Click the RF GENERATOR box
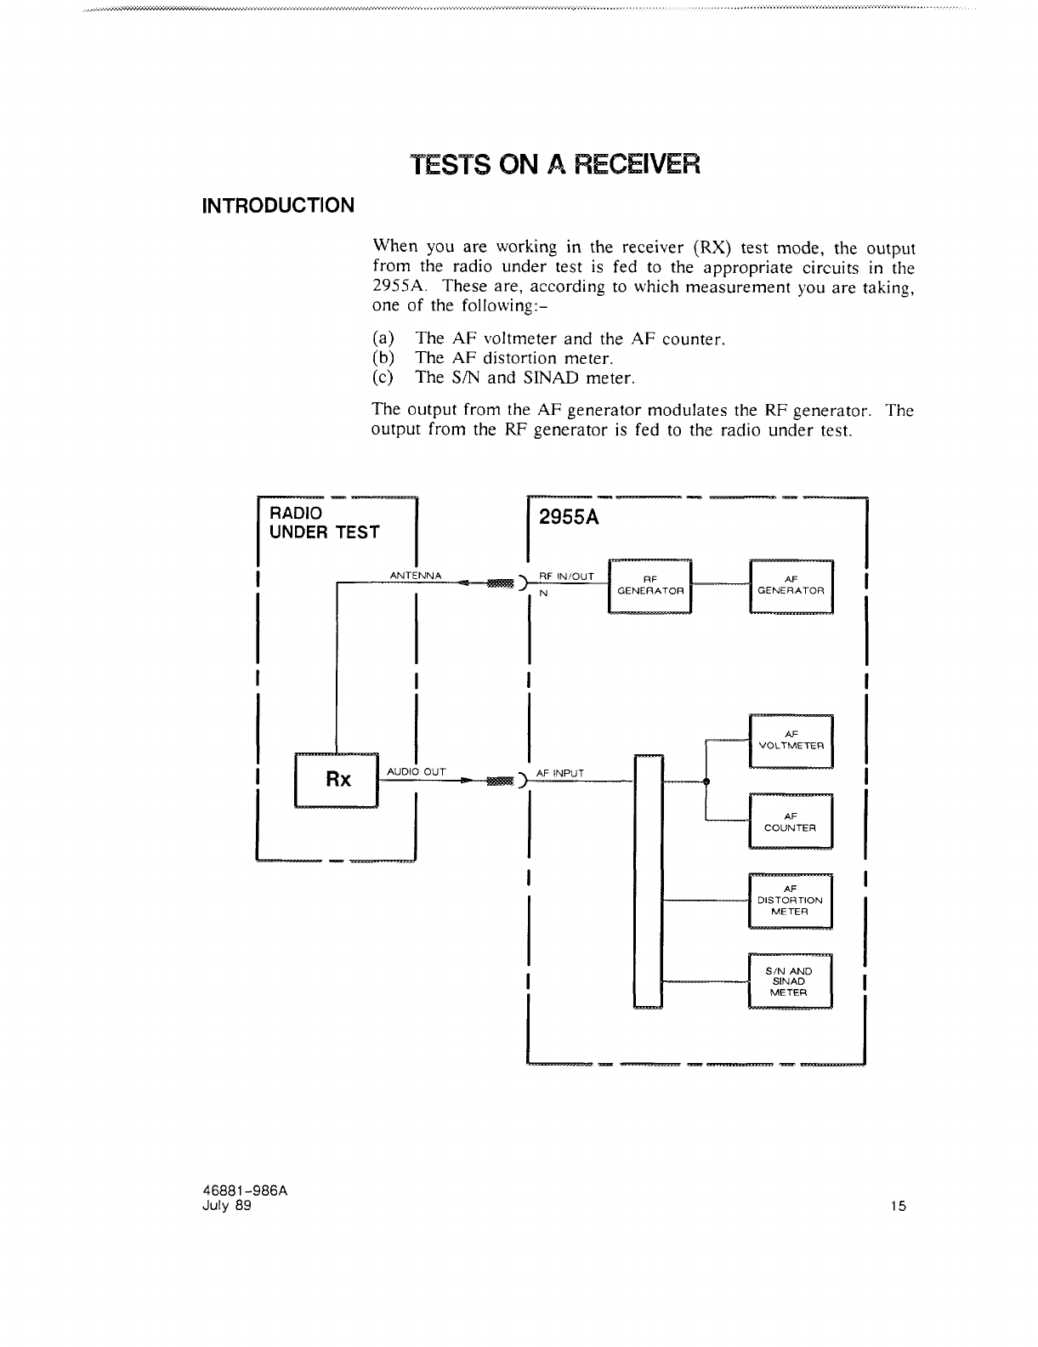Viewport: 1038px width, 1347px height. click(650, 585)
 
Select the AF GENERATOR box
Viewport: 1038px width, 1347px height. click(791, 585)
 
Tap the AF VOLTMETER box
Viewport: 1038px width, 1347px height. click(791, 741)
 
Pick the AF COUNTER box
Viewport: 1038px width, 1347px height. click(791, 821)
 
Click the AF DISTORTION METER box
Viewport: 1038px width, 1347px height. click(790, 901)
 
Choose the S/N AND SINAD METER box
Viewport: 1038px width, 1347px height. click(790, 981)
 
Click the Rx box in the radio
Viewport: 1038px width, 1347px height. click(337, 780)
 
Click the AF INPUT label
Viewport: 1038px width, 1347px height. click(559, 773)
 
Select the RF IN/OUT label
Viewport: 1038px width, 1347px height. click(566, 576)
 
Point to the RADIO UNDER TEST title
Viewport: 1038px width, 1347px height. click(324, 523)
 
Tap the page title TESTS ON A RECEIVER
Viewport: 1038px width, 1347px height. click(555, 164)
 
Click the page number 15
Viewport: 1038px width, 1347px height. click(899, 1205)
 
